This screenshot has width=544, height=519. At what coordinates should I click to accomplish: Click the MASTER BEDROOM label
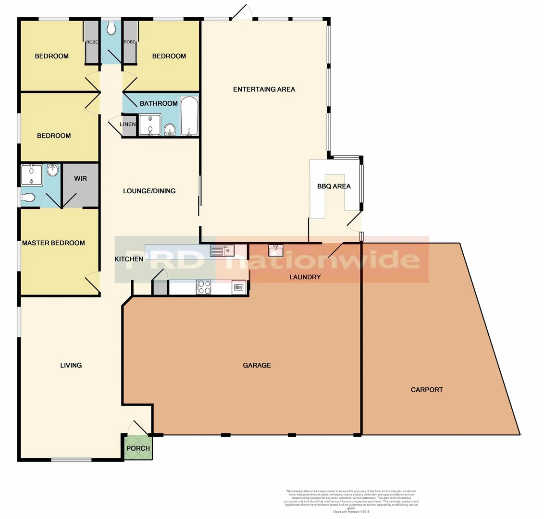coord(53,243)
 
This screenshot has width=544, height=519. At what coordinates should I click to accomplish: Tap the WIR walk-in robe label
coord(81,179)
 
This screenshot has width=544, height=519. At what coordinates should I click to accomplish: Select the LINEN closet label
coord(127,124)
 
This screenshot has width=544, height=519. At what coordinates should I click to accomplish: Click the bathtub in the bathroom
coord(189,117)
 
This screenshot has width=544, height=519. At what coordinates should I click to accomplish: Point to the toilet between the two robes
coord(111,29)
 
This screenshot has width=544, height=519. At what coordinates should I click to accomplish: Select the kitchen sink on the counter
coord(222,250)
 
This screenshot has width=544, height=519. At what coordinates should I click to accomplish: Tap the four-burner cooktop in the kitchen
coord(204,287)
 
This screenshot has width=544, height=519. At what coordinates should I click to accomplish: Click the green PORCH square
coord(138,448)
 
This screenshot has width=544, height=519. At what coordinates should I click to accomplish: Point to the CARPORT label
coord(427,390)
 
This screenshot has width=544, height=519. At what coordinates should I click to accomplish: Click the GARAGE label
coord(257,365)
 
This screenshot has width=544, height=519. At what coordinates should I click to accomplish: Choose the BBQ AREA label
coord(334,186)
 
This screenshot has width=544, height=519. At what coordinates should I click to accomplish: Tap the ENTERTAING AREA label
coord(264,89)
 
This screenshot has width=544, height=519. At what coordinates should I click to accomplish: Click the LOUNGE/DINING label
coord(149,191)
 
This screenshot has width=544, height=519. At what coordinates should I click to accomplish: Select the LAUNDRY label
coord(305,277)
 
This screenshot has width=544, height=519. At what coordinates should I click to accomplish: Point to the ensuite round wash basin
coord(52,170)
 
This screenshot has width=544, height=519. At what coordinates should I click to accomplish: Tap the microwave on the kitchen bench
coord(239,287)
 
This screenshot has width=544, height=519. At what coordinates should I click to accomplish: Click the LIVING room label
coord(71,365)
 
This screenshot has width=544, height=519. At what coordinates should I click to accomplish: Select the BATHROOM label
coord(159,103)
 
